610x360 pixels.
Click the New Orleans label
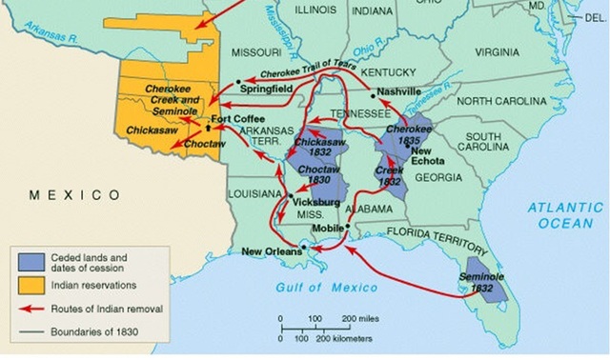270,251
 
